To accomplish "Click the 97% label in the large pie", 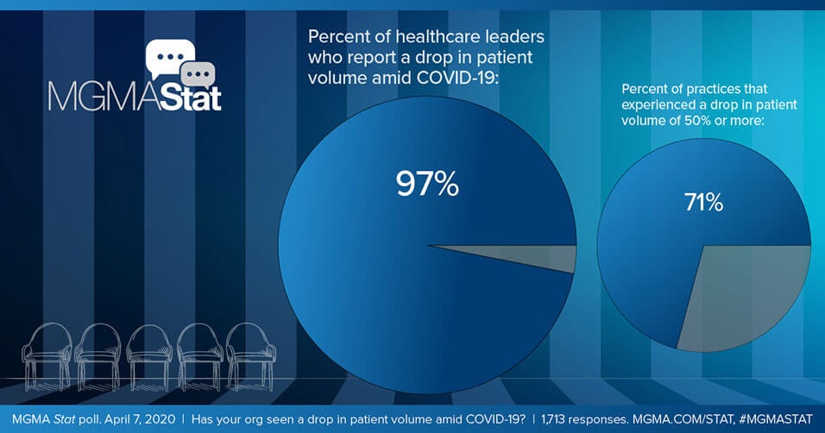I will click(427, 185).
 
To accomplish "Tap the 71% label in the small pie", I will click(703, 204).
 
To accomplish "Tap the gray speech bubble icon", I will click(199, 74).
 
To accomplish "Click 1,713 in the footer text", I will click(557, 418).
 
